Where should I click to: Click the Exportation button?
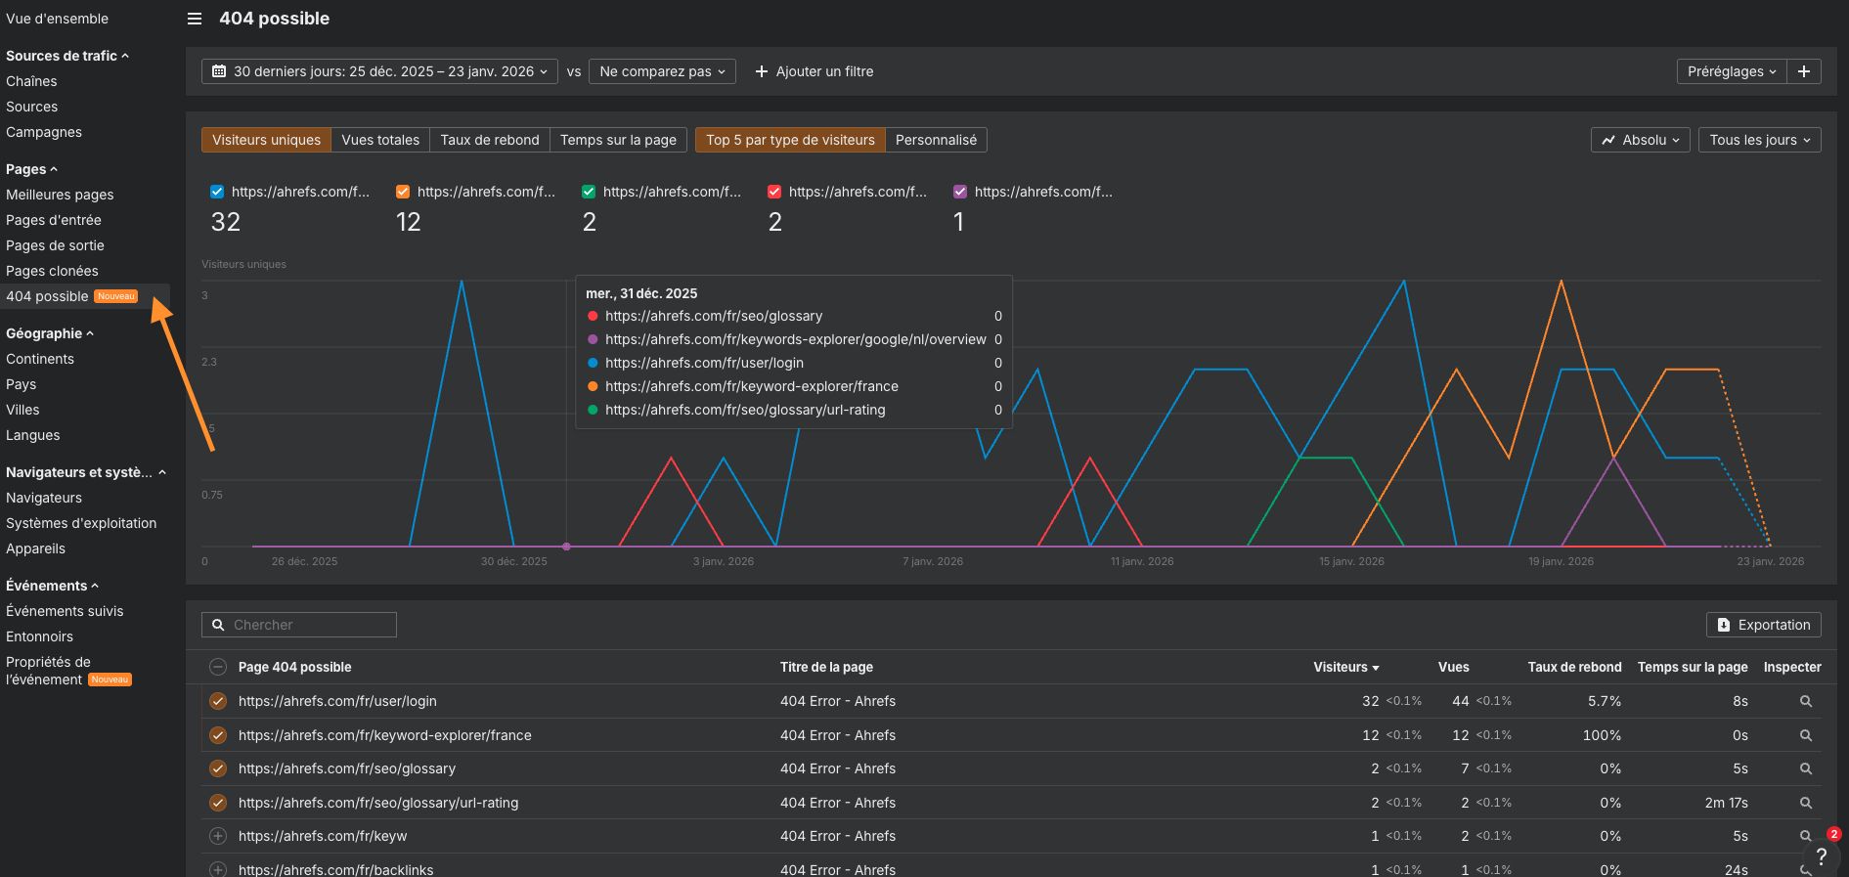(x=1763, y=625)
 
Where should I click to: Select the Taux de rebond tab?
(x=489, y=140)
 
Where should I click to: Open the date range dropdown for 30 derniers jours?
(x=379, y=71)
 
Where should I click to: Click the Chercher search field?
(x=299, y=625)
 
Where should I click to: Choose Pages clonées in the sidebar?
(x=52, y=271)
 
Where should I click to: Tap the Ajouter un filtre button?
(x=814, y=71)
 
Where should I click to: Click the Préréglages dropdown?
(x=1731, y=71)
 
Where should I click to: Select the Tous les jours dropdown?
(x=1759, y=140)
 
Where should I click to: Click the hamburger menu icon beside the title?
(x=195, y=19)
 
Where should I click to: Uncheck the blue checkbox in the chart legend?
(x=217, y=192)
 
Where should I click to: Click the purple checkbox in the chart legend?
(x=960, y=192)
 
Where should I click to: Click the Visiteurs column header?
(x=1345, y=667)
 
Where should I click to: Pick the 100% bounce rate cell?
(x=1602, y=735)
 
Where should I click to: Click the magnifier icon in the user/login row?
(x=1806, y=701)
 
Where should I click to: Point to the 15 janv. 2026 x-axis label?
(x=1351, y=561)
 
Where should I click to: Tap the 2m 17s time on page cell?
(x=1726, y=803)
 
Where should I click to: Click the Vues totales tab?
(x=380, y=140)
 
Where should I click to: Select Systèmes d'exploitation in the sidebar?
(x=81, y=523)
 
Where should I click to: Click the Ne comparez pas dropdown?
(x=662, y=71)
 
